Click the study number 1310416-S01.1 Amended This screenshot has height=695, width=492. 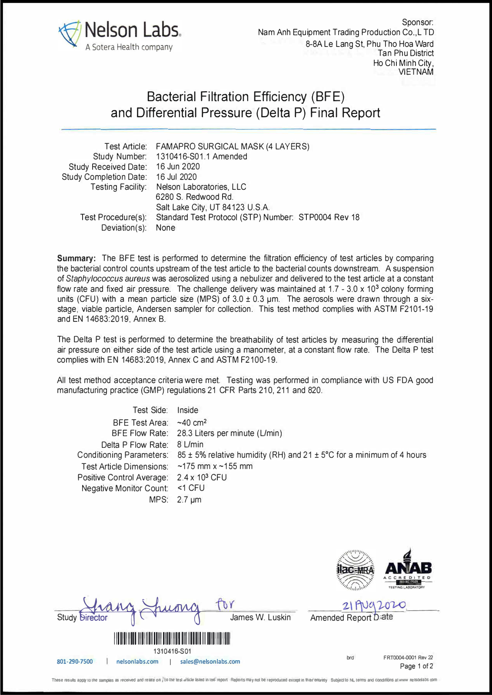tap(201, 157)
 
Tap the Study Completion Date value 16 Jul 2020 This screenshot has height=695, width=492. tap(176, 177)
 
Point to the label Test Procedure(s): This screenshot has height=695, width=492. tap(113, 217)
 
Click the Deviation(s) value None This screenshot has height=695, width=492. tap(166, 228)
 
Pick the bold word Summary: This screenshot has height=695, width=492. tap(76, 258)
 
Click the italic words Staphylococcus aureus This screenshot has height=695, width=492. tap(108, 278)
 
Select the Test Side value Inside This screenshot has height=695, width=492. tap(187, 410)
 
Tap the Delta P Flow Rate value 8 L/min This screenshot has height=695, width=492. tap(190, 444)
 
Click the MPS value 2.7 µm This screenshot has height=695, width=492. tap(189, 500)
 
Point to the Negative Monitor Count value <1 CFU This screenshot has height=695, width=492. tap(190, 488)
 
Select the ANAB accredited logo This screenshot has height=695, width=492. tap(408, 569)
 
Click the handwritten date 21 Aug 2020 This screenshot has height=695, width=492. tap(374, 605)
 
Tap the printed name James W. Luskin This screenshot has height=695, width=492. tap(260, 617)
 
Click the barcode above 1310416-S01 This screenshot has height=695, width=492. tap(172, 639)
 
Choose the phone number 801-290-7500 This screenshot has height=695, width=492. tap(75, 662)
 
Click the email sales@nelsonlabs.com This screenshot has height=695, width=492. tap(210, 662)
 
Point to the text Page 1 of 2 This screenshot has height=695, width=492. tap(416, 666)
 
